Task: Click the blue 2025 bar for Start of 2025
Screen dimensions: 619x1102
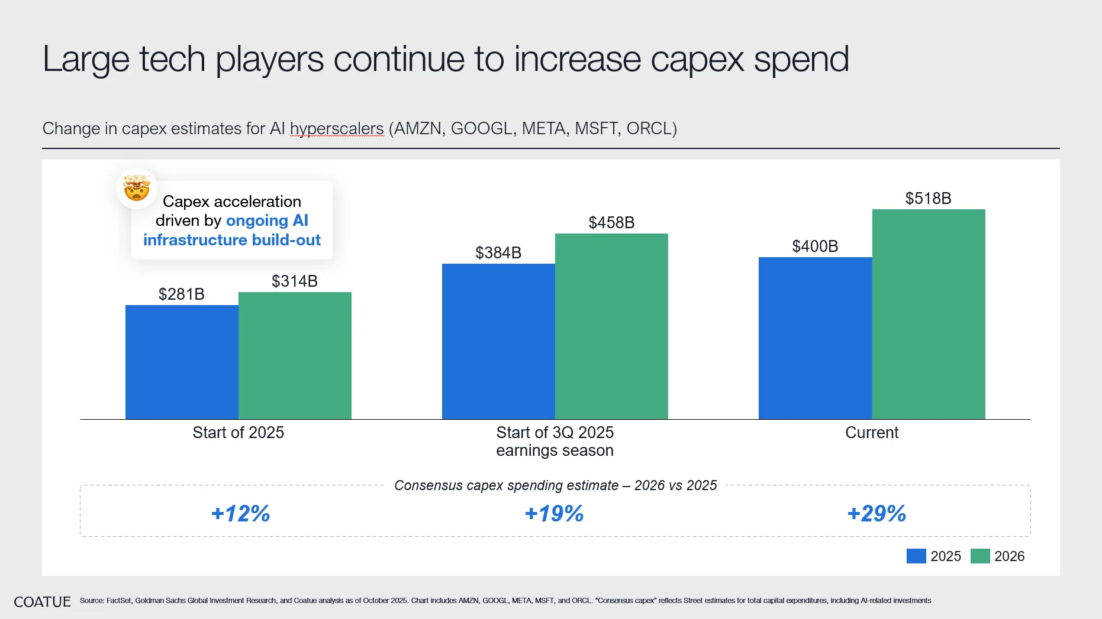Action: point(182,362)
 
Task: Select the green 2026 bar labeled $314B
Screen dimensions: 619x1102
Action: point(295,355)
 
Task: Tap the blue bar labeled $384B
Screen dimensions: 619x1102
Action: point(498,341)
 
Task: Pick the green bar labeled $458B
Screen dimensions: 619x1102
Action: point(611,326)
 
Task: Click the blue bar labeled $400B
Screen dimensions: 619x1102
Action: point(815,338)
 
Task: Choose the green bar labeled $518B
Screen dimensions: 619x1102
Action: point(929,314)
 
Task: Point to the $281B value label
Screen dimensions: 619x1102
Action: point(182,294)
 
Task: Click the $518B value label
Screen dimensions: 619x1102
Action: point(928,198)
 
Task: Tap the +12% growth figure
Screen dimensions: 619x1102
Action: point(240,513)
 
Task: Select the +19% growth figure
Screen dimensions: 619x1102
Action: point(554,513)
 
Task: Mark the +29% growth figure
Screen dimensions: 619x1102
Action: point(877,513)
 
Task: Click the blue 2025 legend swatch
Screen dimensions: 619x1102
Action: point(916,556)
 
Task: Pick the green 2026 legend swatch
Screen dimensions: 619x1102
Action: point(980,556)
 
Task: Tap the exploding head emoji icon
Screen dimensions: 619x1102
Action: point(137,188)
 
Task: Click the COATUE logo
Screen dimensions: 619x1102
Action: point(42,602)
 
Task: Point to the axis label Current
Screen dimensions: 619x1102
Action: point(872,433)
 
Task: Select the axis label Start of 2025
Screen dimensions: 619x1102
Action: point(238,433)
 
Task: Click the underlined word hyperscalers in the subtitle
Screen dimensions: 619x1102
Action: point(337,128)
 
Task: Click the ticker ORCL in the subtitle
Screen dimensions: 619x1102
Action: point(649,128)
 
